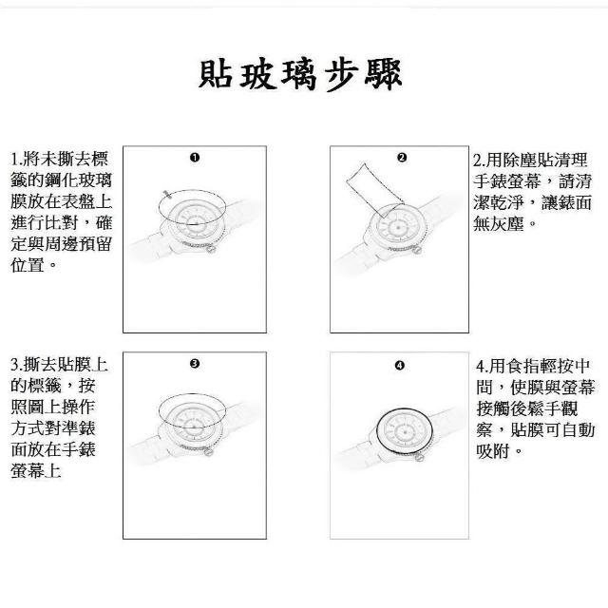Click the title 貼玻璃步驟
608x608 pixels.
(300, 74)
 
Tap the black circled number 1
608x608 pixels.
(195, 158)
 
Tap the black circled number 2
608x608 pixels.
(402, 158)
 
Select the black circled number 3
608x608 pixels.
(195, 363)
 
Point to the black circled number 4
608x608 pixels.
(399, 365)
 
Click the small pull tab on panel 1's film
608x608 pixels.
(167, 194)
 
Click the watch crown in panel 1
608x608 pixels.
(212, 249)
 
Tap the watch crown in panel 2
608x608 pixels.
(418, 250)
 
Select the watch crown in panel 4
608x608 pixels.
(419, 457)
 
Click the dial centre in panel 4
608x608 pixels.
(405, 431)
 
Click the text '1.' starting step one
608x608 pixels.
(16, 159)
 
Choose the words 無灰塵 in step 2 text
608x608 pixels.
(499, 224)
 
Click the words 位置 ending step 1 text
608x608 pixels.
(28, 265)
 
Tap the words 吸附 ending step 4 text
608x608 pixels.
(492, 451)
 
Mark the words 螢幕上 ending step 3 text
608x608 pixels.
(36, 471)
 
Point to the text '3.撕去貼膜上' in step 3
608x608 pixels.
(59, 365)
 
